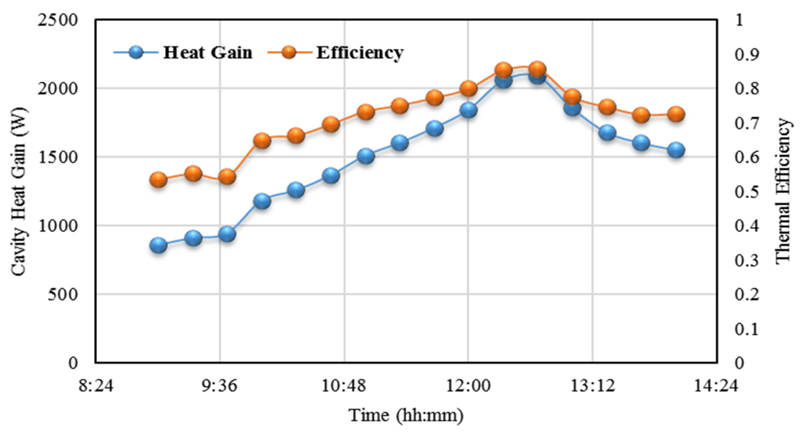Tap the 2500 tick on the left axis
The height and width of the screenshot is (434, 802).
[x=57, y=21]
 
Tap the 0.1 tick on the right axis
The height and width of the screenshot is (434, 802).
[x=747, y=329]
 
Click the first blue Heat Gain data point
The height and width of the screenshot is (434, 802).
[x=159, y=245]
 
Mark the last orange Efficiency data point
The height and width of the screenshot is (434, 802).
[x=676, y=114]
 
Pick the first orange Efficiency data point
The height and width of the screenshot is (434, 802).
[x=159, y=180]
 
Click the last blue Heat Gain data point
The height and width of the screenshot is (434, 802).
[x=676, y=150]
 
